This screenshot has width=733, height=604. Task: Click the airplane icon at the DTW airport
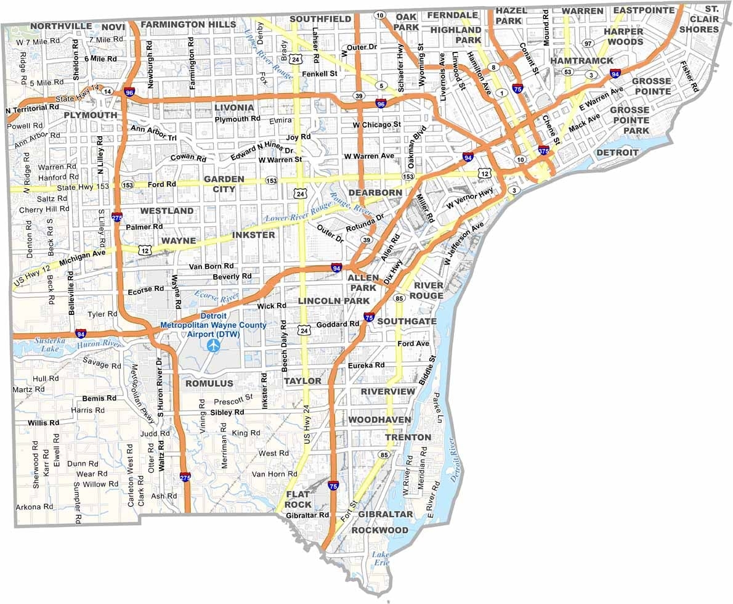(x=214, y=346)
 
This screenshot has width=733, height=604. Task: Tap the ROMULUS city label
(x=209, y=383)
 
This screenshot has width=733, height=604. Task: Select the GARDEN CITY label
(x=224, y=184)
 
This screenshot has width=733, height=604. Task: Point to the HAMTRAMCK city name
(x=581, y=61)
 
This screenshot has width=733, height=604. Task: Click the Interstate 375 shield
(x=543, y=150)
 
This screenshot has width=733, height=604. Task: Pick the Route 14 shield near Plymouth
(x=108, y=91)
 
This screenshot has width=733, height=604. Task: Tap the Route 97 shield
(x=588, y=43)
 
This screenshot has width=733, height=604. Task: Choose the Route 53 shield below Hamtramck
(x=567, y=72)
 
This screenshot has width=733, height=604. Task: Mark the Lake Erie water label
(x=381, y=558)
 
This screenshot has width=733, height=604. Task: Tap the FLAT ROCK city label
(x=298, y=499)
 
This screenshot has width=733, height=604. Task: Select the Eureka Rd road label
(x=366, y=365)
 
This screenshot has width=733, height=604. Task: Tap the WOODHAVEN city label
(x=379, y=420)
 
